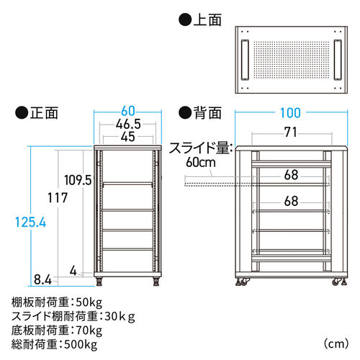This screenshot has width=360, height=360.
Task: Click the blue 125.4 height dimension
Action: [x=30, y=222]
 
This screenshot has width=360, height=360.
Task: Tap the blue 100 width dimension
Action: [x=290, y=113]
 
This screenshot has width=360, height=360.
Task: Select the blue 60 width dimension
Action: [x=128, y=111]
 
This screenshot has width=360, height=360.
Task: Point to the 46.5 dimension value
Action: [x=128, y=124]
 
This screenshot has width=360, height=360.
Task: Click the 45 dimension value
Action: [x=128, y=137]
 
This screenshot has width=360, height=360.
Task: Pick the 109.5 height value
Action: [x=78, y=180]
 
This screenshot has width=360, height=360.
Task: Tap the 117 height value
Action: [x=58, y=198]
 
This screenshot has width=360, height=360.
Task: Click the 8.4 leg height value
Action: [x=42, y=279]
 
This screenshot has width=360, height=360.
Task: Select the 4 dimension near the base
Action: [x=73, y=271]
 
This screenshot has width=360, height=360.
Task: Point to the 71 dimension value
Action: [x=291, y=132]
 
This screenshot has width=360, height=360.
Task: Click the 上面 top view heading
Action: [x=200, y=19]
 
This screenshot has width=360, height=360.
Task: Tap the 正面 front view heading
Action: [x=37, y=113]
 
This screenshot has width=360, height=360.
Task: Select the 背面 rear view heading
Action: [x=200, y=113]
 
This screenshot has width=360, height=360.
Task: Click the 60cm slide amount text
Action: [x=201, y=163]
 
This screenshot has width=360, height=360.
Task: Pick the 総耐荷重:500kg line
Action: [x=54, y=345]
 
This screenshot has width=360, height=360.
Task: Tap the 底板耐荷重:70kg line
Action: [x=57, y=330]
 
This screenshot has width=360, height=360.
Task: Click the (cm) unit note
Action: [x=336, y=344]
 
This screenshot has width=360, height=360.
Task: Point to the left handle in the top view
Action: [x=245, y=60]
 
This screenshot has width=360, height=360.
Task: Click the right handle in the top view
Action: [x=338, y=60]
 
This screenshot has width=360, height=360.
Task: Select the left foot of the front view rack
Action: [x=99, y=282]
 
